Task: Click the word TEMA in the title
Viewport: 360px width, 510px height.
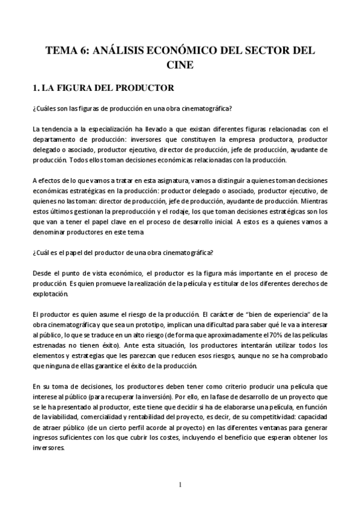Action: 60,51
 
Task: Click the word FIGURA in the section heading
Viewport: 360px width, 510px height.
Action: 76,88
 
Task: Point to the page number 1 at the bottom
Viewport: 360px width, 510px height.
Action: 180,485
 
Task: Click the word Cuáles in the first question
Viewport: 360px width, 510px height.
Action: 50,109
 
